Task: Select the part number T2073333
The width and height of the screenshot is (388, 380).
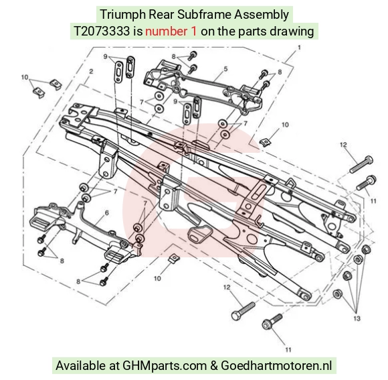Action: [x=102, y=31]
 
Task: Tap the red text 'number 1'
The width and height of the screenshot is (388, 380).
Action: [x=171, y=31]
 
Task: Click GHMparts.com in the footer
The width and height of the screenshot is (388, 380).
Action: [x=165, y=366]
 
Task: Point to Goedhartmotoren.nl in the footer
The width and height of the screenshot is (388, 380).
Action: [x=276, y=366]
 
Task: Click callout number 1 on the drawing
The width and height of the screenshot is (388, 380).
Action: [x=299, y=48]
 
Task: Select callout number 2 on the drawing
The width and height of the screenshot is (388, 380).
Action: [x=91, y=72]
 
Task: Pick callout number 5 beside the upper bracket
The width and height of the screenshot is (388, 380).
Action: [x=225, y=68]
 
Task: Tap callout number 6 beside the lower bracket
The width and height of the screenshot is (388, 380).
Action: [x=107, y=212]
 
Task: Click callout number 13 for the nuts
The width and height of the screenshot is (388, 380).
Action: [x=357, y=318]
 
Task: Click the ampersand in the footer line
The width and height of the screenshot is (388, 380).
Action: [x=213, y=366]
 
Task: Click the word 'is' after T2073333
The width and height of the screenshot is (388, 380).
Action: [x=138, y=31]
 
